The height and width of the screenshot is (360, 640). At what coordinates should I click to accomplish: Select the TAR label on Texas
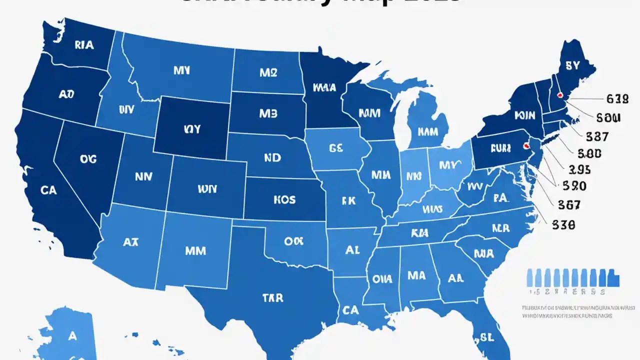[272, 298]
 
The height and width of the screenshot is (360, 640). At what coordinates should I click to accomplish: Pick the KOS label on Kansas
[284, 199]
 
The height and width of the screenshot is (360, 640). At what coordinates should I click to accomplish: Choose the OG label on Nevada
[88, 159]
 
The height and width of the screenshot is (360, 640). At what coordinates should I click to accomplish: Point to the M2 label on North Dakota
[268, 72]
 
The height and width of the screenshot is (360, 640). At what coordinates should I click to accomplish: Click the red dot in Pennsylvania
[525, 146]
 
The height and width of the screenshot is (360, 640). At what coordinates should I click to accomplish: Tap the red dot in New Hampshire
[560, 94]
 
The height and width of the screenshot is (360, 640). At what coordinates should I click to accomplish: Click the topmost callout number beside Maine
[616, 99]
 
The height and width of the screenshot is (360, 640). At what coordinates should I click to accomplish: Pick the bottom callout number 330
[563, 225]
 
